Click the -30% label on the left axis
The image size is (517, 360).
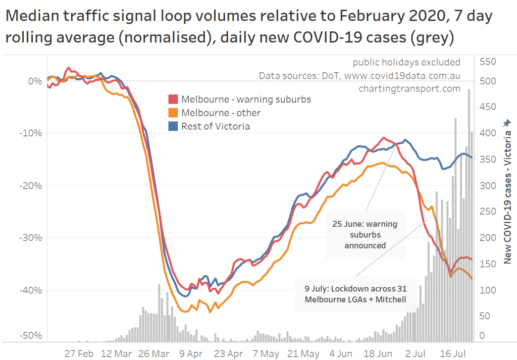[x=31, y=238]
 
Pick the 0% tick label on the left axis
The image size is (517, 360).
[x=35, y=81]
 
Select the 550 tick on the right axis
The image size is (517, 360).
[x=488, y=62]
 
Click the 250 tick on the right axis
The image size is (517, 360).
[x=488, y=212]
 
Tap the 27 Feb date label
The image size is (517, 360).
[x=79, y=353]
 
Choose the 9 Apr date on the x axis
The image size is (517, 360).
[x=191, y=353]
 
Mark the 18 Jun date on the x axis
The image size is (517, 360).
[x=378, y=353]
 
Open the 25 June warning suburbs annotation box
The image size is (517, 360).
[x=365, y=234]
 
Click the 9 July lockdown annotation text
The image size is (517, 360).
[x=355, y=294]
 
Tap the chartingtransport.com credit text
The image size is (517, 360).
[x=409, y=88]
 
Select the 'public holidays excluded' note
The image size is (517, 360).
[x=406, y=62]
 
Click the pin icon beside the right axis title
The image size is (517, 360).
[x=507, y=123]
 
